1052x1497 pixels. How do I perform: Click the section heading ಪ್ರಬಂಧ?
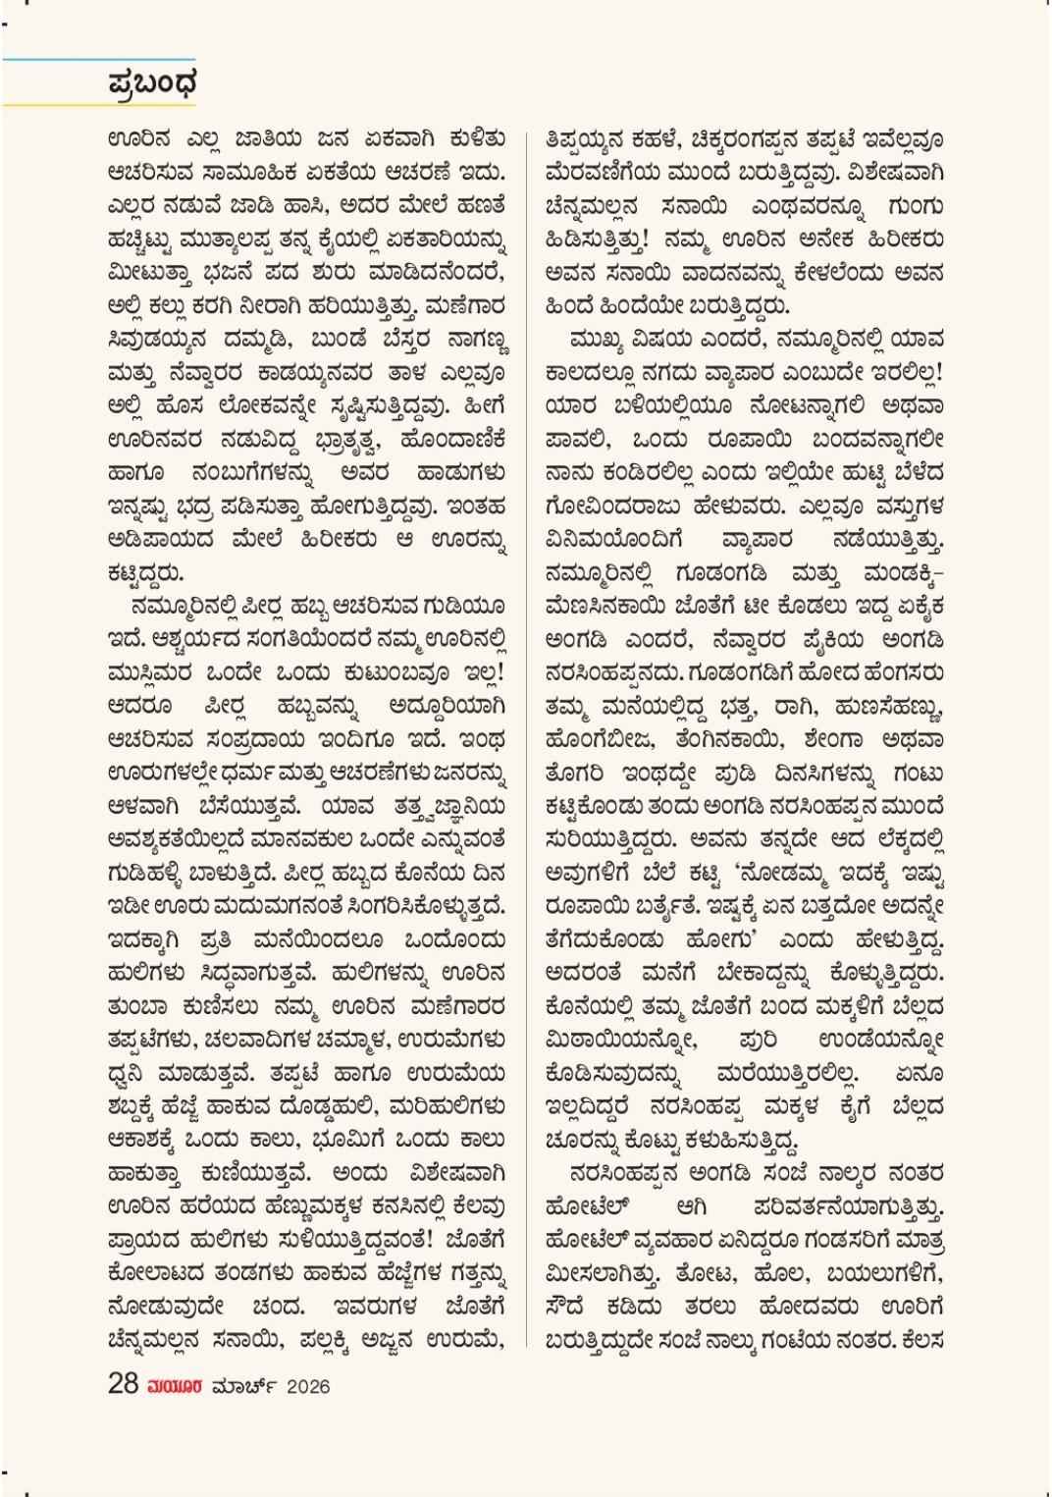point(152,83)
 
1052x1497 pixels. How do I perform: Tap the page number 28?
point(123,1384)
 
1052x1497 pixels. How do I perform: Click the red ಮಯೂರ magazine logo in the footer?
point(175,1386)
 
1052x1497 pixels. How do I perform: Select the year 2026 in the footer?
point(308,1386)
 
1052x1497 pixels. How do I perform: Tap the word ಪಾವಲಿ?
point(577,440)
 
